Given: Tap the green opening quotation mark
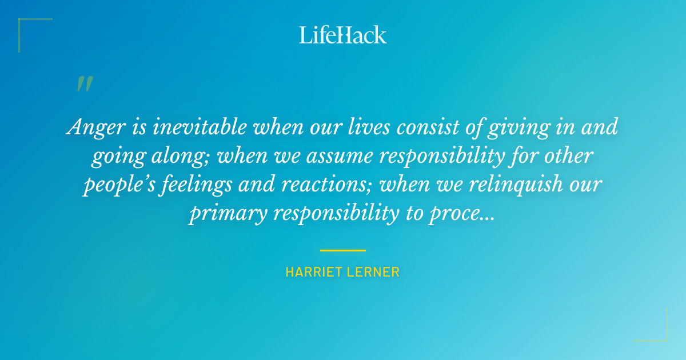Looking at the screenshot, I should tap(84, 84).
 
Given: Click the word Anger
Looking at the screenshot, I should tap(92, 127).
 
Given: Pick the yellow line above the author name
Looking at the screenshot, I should tap(343, 250).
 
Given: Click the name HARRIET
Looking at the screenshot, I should tap(313, 272).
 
